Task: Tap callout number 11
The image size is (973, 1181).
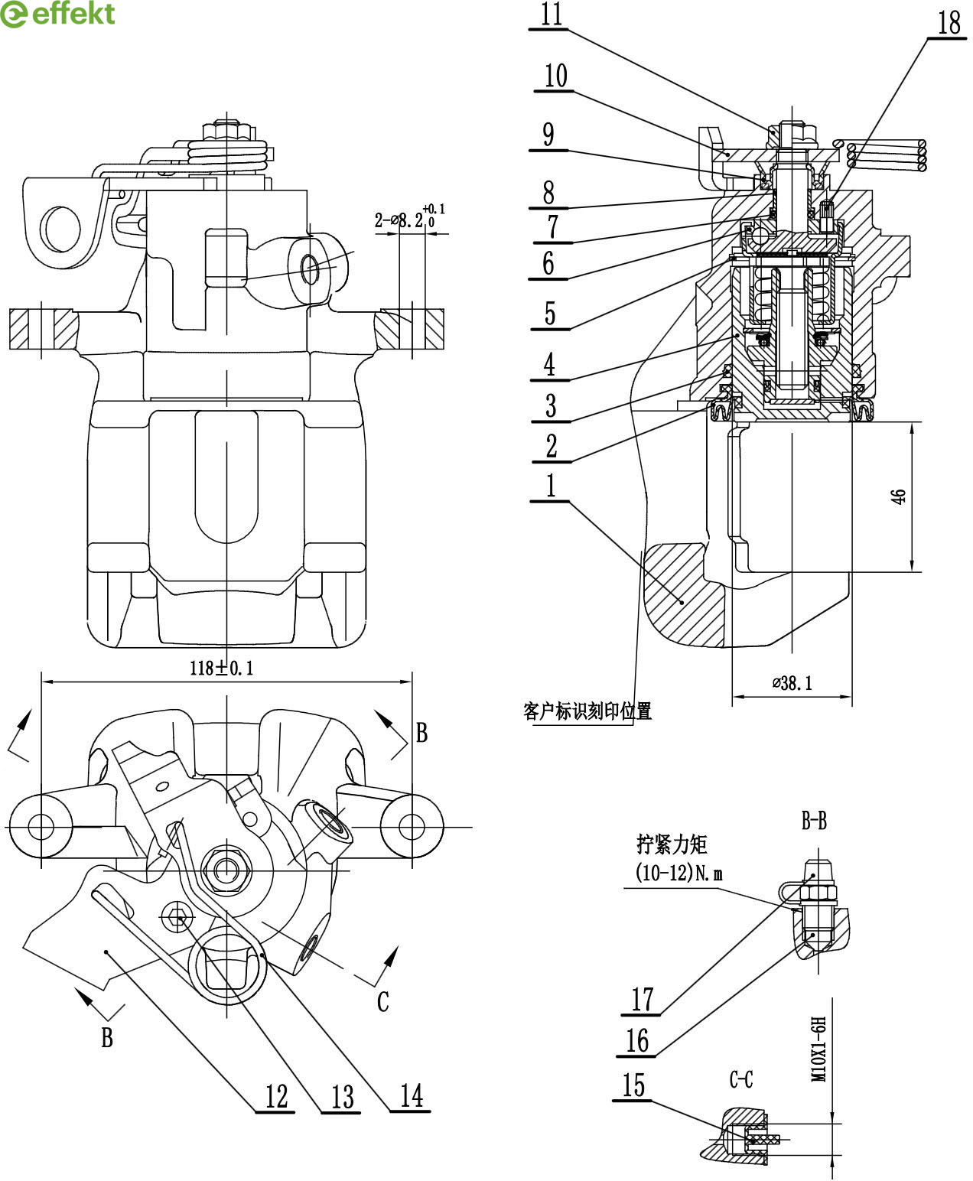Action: pos(551,15)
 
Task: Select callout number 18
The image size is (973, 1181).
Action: pos(949,23)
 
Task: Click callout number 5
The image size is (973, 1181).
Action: pos(549,314)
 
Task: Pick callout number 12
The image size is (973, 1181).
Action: pos(275,1096)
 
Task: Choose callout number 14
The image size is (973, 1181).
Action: pos(411,1095)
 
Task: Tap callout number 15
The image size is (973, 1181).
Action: pos(633,1086)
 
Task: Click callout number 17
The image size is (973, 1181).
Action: pos(642,999)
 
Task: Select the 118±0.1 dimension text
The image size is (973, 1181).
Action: pos(222,668)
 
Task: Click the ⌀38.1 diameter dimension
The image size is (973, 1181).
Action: pos(792,683)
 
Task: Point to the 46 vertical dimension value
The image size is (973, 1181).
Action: pos(900,496)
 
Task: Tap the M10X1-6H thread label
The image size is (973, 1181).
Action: pos(819,1048)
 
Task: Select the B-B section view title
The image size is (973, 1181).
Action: pos(813,821)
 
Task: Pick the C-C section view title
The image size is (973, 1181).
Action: pos(741,1079)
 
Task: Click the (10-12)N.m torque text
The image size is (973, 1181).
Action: pos(678,873)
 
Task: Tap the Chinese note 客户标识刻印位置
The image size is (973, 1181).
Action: pos(587,711)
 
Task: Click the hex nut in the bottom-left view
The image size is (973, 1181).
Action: pos(226,868)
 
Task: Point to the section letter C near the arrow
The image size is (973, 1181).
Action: pos(383,1001)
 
